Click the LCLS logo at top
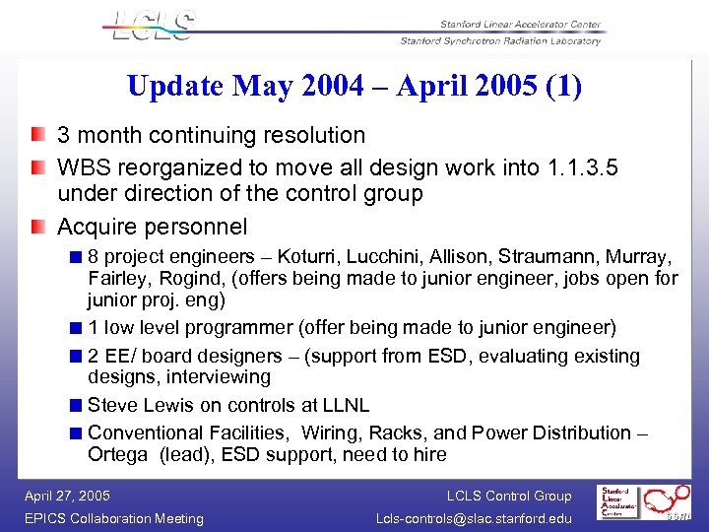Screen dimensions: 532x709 pyautogui.click(x=154, y=28)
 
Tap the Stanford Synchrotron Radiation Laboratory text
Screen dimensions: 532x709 pyautogui.click(x=500, y=40)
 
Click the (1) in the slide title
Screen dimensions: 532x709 pyautogui.click(x=565, y=86)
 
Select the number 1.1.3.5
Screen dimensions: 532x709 pyautogui.click(x=581, y=167)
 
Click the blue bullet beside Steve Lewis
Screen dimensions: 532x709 pyautogui.click(x=76, y=405)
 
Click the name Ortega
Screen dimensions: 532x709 pyautogui.click(x=117, y=455)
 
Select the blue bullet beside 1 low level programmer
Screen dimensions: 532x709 pyautogui.click(x=76, y=328)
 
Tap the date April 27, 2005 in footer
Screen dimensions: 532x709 pyautogui.click(x=68, y=496)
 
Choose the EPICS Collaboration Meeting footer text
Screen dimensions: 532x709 pyautogui.click(x=114, y=518)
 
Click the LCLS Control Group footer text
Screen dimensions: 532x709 pyautogui.click(x=508, y=496)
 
